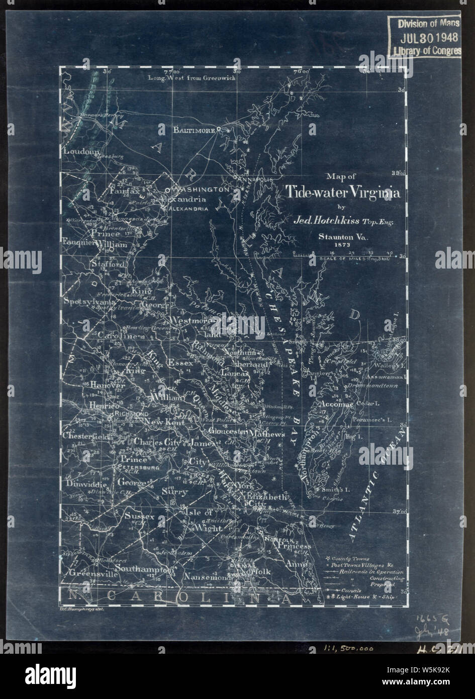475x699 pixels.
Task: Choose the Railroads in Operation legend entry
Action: [x=364, y=572]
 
